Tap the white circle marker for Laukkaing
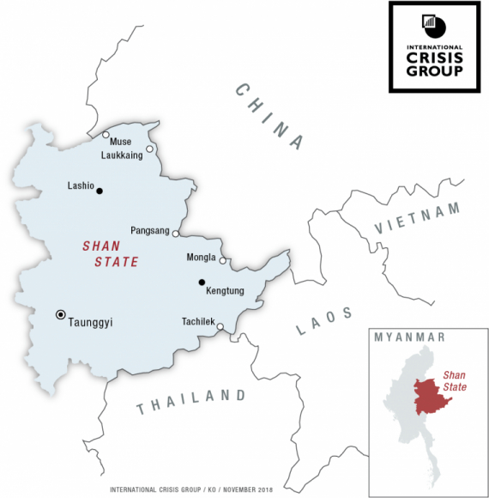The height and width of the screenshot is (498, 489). [x=149, y=149]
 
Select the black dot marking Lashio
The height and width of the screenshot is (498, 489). [x=100, y=191]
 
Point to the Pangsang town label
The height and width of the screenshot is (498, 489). [x=150, y=231]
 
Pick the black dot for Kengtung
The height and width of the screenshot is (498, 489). [x=202, y=282]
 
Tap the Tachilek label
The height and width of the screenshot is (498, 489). [x=197, y=322]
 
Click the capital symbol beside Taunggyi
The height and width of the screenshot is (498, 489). [x=60, y=314]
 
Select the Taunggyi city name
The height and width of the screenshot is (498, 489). [x=92, y=323]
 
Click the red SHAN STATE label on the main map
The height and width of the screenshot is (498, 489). [x=110, y=254]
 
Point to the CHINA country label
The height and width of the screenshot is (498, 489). [x=270, y=117]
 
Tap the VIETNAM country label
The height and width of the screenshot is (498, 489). [x=418, y=218]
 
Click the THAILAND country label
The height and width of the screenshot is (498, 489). [x=190, y=401]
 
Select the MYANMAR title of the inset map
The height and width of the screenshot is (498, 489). [x=408, y=337]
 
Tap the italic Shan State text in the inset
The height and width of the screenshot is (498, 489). [x=457, y=381]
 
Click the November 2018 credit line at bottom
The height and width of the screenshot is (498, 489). [x=190, y=490]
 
